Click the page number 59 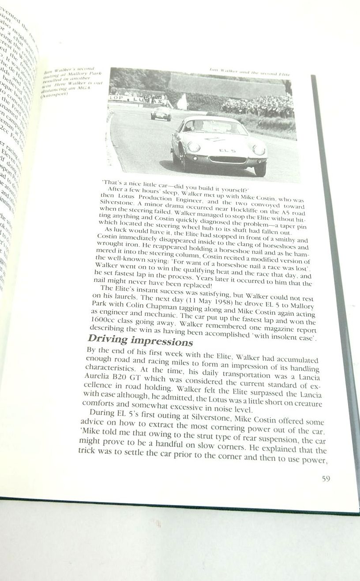pos(325,478)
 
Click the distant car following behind pos(161,113)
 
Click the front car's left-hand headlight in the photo pos(193,146)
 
